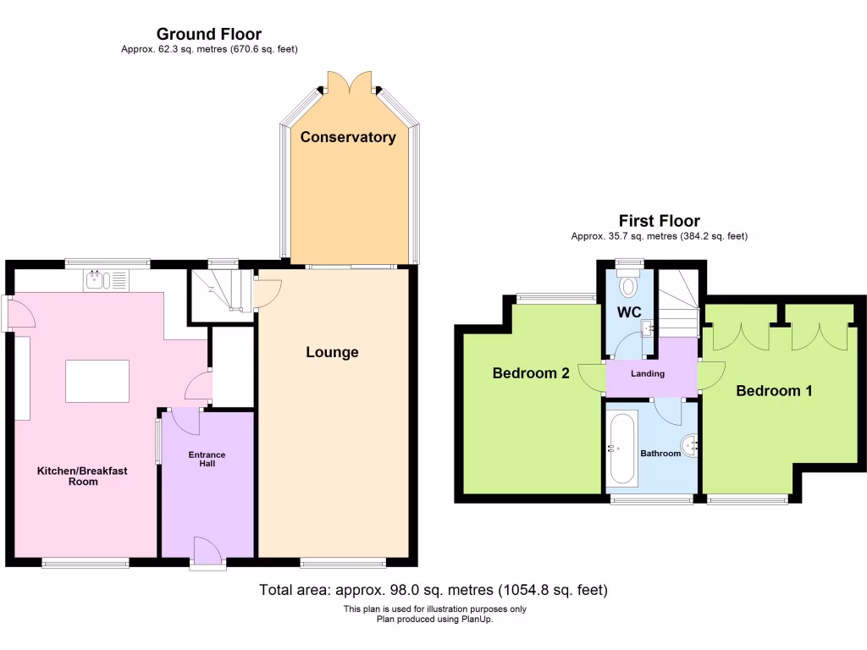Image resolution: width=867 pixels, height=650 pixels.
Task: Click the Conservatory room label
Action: coord(347,137)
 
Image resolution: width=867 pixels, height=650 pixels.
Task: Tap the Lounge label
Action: coord(332,352)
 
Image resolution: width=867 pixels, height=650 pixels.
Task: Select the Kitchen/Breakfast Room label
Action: coord(82,476)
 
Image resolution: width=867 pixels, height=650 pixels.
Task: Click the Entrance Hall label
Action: coord(207,459)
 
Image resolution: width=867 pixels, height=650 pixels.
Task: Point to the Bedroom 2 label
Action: coord(531,373)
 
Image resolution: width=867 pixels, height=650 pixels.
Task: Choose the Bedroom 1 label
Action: coord(774,391)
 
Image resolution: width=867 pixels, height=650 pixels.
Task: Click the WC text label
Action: coord(627,312)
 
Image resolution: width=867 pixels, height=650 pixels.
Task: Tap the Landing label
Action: coord(648,373)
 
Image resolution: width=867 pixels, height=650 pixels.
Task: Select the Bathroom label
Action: coord(660,454)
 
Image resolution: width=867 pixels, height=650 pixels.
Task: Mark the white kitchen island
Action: coord(97,381)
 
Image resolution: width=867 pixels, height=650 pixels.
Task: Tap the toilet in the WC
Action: coord(628,285)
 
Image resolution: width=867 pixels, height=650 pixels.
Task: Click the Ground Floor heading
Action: coord(208,35)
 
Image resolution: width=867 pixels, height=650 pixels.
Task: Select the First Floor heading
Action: coord(659,222)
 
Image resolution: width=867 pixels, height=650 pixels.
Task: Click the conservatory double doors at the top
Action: coord(349,83)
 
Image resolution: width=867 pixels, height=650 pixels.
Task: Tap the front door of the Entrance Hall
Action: coord(207,554)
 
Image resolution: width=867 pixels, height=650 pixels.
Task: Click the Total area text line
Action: coord(433,590)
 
